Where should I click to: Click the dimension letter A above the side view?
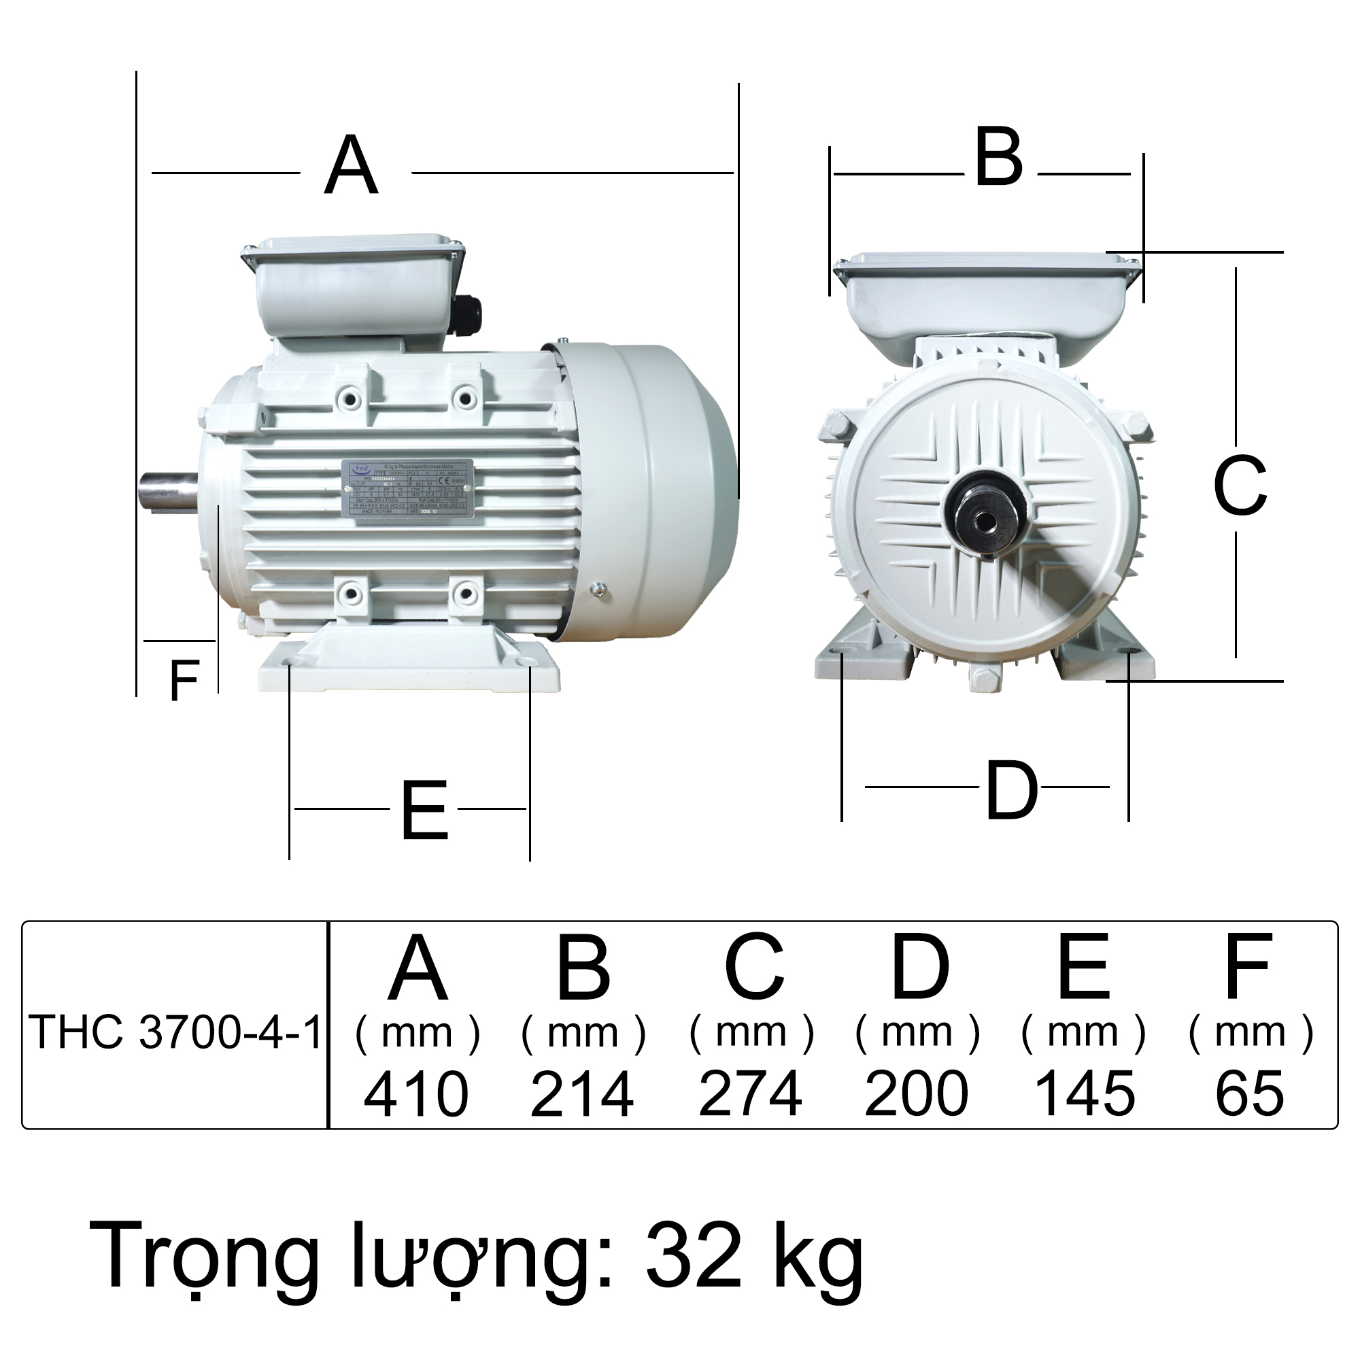[352, 167]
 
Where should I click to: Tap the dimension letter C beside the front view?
[1240, 485]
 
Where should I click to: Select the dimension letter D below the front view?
[1012, 792]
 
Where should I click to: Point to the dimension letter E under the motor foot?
[424, 812]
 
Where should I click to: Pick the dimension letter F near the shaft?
[184, 681]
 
